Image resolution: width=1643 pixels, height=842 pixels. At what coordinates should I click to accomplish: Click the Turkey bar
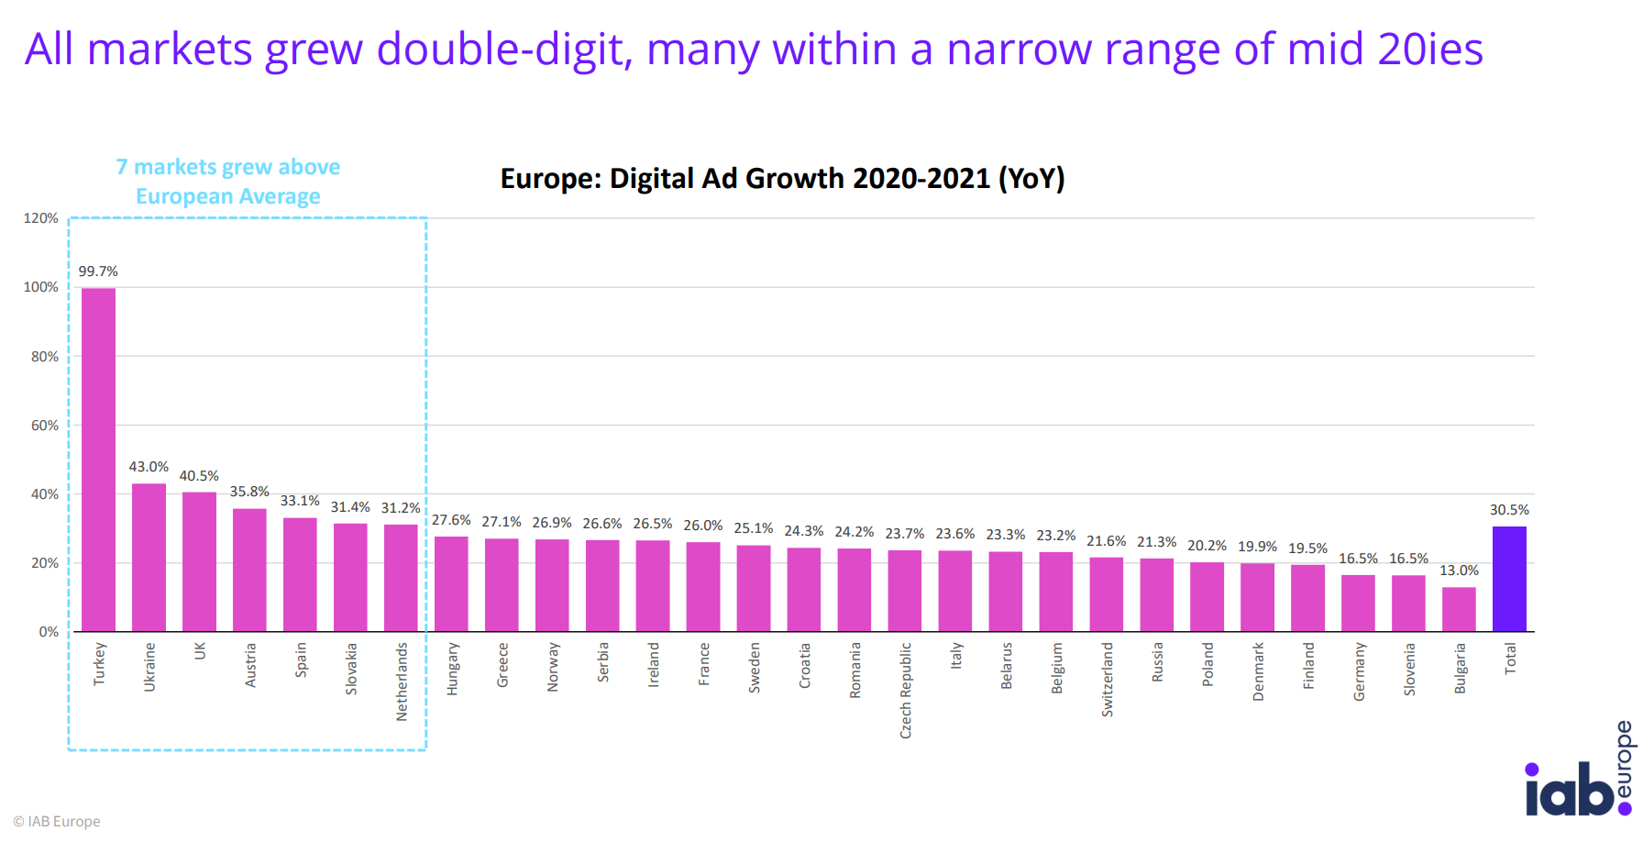pyautogui.click(x=98, y=459)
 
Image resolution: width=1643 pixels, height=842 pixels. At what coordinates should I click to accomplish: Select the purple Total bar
pyautogui.click(x=1509, y=579)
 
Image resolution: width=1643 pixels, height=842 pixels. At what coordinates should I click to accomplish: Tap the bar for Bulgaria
pyautogui.click(x=1459, y=609)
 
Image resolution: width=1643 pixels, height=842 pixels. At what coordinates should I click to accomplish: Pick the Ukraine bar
pyautogui.click(x=149, y=557)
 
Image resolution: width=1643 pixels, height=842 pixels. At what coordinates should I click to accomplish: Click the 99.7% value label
pyautogui.click(x=98, y=271)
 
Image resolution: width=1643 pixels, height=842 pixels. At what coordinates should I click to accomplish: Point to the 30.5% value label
pyautogui.click(x=1509, y=510)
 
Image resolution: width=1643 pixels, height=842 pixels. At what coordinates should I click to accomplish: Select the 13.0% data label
pyautogui.click(x=1459, y=571)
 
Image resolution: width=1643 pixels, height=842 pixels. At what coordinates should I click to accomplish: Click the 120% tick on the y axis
pyautogui.click(x=40, y=218)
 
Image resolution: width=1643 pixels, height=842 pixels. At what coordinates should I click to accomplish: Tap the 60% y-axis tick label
pyautogui.click(x=44, y=426)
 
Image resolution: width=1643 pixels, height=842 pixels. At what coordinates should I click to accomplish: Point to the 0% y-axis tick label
pyautogui.click(x=49, y=632)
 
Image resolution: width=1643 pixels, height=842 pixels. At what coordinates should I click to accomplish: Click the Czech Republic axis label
pyautogui.click(x=906, y=690)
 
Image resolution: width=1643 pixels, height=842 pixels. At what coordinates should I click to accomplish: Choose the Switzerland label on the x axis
pyautogui.click(x=1108, y=679)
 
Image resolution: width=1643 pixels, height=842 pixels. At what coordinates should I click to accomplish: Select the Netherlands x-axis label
pyautogui.click(x=402, y=681)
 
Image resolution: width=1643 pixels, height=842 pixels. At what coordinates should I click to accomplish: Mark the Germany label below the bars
pyautogui.click(x=1360, y=671)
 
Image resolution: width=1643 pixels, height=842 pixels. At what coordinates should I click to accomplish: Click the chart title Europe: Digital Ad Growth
pyautogui.click(x=782, y=178)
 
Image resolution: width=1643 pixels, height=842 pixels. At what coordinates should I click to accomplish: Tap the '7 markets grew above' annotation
pyautogui.click(x=228, y=167)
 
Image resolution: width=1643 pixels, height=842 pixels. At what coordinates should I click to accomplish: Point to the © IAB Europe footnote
pyautogui.click(x=57, y=821)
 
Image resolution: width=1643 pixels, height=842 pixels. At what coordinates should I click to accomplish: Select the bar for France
pyautogui.click(x=703, y=587)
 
